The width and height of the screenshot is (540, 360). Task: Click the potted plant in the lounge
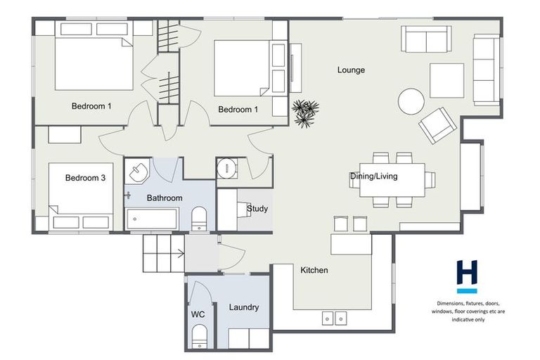305,113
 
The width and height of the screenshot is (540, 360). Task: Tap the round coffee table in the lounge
411,101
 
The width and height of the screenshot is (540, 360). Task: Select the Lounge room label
351,70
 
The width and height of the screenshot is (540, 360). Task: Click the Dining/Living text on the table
373,176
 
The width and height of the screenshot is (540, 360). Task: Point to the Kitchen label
314,270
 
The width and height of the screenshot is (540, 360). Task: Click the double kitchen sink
334,319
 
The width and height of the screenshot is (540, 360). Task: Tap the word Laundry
244,307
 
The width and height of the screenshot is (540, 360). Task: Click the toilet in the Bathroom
199,218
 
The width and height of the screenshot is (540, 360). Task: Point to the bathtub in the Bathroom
153,219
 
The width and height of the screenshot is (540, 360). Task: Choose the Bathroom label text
165,198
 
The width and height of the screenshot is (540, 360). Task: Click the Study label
257,209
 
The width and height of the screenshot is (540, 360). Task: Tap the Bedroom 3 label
85,179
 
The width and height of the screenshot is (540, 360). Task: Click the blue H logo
467,274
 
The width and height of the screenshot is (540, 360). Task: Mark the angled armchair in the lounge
437,125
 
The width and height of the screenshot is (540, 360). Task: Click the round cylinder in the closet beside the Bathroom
227,169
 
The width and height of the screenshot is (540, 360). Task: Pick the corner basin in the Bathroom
139,172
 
